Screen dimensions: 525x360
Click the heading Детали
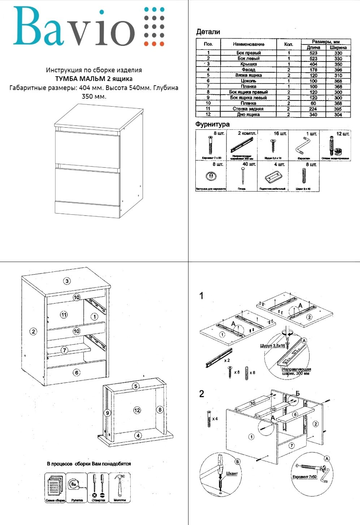[x=208, y=32]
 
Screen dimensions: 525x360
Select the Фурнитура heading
[x=212, y=124]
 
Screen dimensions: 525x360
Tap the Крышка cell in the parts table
[x=248, y=64]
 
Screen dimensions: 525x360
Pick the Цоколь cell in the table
[x=248, y=81]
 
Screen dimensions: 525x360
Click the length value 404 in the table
[x=313, y=64]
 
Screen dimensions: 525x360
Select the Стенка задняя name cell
[x=248, y=109]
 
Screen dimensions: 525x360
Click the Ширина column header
[x=338, y=47]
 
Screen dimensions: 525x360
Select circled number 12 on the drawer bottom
[x=137, y=410]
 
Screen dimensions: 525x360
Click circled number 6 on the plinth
[x=76, y=372]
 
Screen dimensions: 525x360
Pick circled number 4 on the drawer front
[x=138, y=435]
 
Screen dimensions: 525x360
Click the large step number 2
[x=202, y=394]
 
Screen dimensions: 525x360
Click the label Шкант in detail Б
[x=231, y=473]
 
